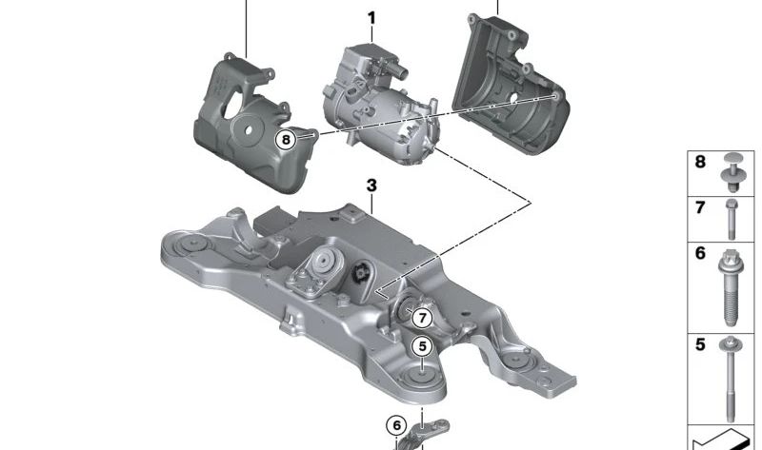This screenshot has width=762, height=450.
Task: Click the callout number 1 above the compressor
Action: tap(371, 18)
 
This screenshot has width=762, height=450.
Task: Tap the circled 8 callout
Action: tap(287, 140)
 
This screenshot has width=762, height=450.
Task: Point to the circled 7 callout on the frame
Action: tap(422, 319)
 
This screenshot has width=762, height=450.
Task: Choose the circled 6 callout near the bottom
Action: tap(396, 424)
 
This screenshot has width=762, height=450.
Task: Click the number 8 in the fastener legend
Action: tap(700, 163)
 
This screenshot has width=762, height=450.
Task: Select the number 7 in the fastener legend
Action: tap(700, 207)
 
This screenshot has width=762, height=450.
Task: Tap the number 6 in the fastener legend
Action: tap(700, 254)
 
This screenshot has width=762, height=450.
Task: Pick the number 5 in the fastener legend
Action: tap(700, 344)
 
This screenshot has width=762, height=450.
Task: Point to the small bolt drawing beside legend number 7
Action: tap(732, 219)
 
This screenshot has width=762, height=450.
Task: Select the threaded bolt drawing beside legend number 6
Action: tap(732, 285)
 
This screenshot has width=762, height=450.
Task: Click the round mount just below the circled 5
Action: tap(421, 375)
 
